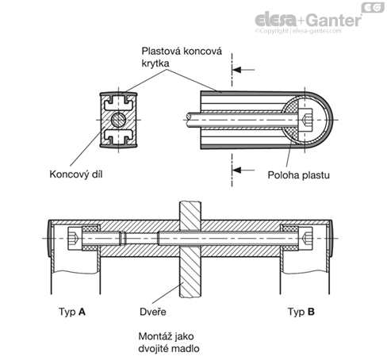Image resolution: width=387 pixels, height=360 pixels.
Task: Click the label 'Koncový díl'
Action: coord(76,174)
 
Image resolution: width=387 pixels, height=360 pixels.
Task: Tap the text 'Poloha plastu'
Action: coord(298,175)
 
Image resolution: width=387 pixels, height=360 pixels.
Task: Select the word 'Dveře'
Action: coord(153,312)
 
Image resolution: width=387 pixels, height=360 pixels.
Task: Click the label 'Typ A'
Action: coord(72,312)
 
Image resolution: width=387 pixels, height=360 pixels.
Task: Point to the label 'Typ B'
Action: coord(301,312)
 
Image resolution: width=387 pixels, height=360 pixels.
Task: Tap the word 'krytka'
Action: coord(155,63)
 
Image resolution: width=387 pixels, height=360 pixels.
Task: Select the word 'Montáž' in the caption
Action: coord(154,336)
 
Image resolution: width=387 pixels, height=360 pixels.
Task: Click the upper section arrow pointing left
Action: coord(243,70)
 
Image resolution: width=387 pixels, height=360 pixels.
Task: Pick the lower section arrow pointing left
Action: coord(243,170)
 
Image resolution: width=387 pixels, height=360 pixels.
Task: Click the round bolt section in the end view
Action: coord(118,120)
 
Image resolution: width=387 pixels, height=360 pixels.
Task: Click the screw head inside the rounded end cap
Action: coord(305,120)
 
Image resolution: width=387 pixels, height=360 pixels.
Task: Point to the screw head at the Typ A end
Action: coord(75,239)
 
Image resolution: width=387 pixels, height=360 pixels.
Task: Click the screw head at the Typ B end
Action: coord(305,239)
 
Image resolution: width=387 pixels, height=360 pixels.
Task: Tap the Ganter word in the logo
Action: coord(335,20)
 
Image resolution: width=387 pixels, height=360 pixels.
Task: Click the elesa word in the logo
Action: coord(276,20)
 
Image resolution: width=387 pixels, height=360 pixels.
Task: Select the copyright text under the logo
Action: coord(298,31)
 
